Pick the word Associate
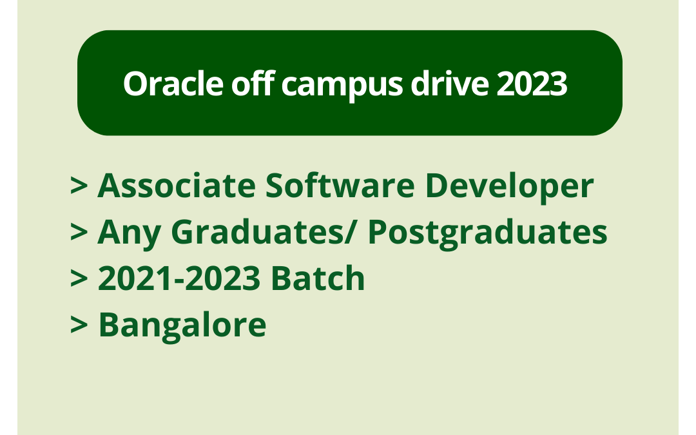[x=176, y=186]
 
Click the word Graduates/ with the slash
[x=263, y=233]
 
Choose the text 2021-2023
[x=179, y=279]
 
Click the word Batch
[x=318, y=279]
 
